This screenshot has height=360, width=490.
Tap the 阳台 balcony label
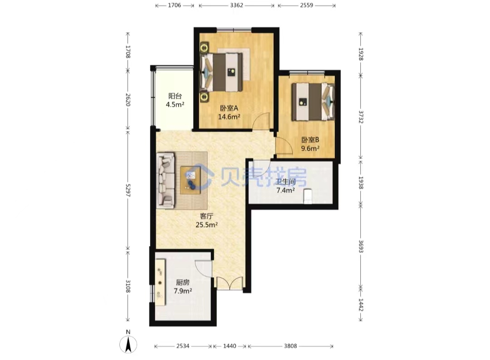click(x=175, y=96)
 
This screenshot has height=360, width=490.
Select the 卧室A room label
click(x=229, y=108)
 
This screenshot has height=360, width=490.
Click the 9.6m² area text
click(x=310, y=148)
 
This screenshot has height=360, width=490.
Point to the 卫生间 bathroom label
click(x=286, y=182)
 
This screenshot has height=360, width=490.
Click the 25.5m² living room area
click(x=206, y=225)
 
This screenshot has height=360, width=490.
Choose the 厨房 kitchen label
click(x=183, y=282)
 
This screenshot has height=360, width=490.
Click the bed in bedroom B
click(x=313, y=102)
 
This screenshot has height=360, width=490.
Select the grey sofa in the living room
click(x=166, y=181)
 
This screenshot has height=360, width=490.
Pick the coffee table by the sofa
click(x=190, y=181)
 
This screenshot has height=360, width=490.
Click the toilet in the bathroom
click(x=308, y=196)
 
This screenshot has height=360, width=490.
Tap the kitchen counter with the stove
click(x=161, y=282)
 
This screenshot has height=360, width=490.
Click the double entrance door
click(x=230, y=283)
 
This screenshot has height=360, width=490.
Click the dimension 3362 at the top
click(x=236, y=5)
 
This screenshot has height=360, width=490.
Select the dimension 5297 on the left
click(x=127, y=190)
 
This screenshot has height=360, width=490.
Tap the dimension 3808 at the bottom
click(x=290, y=346)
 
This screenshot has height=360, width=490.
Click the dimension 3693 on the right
click(x=361, y=247)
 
